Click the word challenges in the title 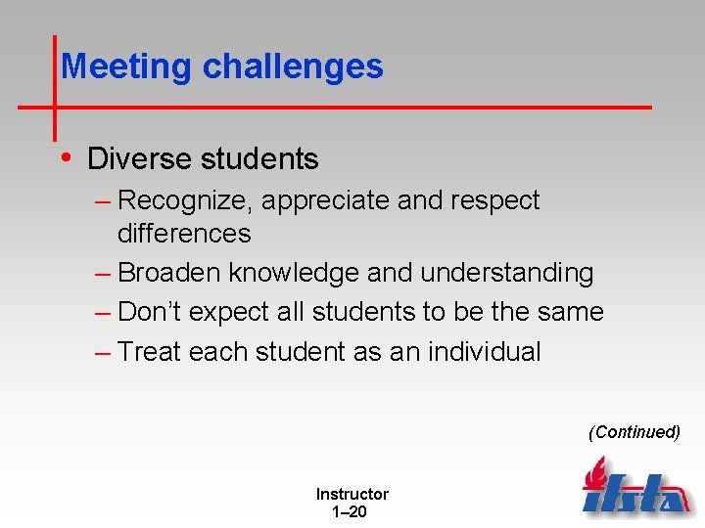coord(293,66)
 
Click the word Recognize coord(185,200)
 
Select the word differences coord(184,234)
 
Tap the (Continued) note coord(634,431)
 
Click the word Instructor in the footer coord(352,494)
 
